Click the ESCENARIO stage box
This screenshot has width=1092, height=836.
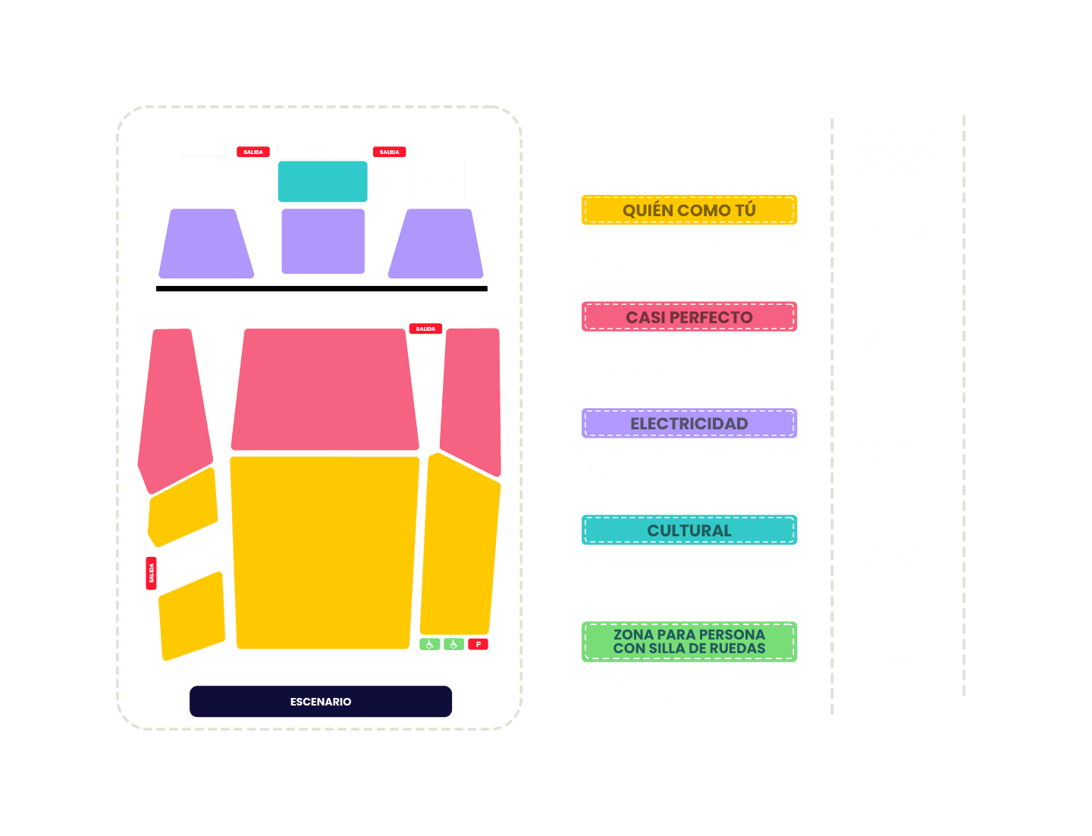[321, 702]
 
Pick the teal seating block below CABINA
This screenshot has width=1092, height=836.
[322, 182]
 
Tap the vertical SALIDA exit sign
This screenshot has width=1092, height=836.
[151, 573]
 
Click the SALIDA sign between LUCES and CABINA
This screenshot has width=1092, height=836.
[253, 152]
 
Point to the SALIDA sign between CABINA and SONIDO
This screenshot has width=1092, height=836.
[389, 152]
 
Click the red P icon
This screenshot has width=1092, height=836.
[478, 644]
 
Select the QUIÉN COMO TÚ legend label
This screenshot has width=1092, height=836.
[689, 210]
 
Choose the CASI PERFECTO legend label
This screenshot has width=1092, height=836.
[689, 317]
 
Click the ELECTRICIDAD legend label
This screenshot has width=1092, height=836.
[689, 423]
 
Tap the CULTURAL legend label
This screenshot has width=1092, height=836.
[689, 530]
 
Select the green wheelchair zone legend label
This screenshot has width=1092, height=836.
[689, 642]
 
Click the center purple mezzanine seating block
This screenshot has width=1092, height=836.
[323, 241]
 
